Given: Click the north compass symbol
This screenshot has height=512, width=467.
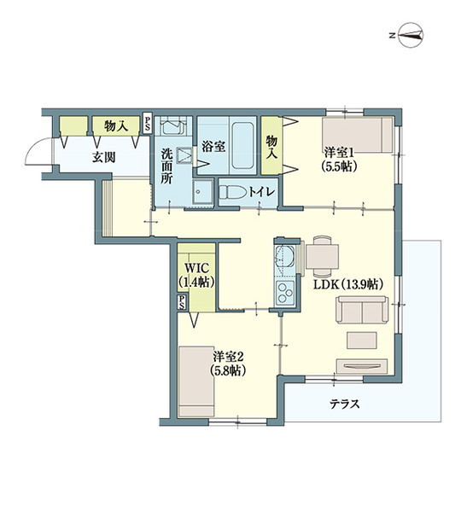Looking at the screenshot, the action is pyautogui.click(x=411, y=35).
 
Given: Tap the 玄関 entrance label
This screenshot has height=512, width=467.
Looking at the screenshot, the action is pyautogui.click(x=103, y=158).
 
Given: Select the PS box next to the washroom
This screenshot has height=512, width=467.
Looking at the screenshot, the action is pyautogui.click(x=148, y=123).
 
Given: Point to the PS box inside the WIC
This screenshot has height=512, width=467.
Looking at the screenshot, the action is pyautogui.click(x=182, y=302).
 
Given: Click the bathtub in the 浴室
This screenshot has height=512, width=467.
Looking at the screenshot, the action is pyautogui.click(x=242, y=146).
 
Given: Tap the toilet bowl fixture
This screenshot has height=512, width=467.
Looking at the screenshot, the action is pyautogui.click(x=232, y=192).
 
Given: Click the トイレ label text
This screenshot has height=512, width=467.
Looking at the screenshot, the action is pyautogui.click(x=261, y=192).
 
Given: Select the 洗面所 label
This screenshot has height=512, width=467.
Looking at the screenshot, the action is pyautogui.click(x=166, y=166).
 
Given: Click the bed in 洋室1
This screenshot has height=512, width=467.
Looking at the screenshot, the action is pyautogui.click(x=357, y=135).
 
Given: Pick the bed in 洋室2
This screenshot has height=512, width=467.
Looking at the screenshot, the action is pyautogui.click(x=196, y=381).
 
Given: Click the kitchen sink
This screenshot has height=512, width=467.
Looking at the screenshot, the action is pyautogui.click(x=284, y=257).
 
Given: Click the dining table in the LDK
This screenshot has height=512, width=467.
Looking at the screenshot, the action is pyautogui.click(x=322, y=256).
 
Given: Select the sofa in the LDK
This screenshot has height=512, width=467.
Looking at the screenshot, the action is pyautogui.click(x=362, y=310).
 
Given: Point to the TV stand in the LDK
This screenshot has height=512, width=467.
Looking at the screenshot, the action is pyautogui.click(x=362, y=367).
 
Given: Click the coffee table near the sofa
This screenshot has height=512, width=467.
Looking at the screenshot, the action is pyautogui.click(x=362, y=340).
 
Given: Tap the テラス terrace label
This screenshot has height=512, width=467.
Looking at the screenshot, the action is pyautogui.click(x=344, y=404).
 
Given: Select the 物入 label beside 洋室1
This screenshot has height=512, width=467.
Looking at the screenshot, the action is pyautogui.click(x=271, y=147).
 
